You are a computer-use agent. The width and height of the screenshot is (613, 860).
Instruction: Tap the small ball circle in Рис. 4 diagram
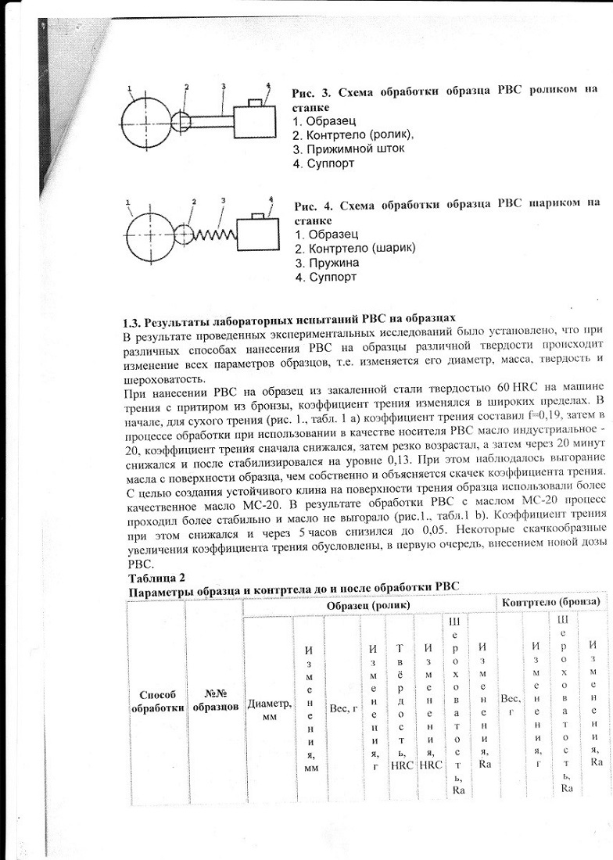pos(183,234)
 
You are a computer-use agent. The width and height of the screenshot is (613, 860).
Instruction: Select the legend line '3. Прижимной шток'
pos(348,149)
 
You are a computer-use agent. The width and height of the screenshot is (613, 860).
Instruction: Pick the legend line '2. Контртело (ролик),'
pos(353,134)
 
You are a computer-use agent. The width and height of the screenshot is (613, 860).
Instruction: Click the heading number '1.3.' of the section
pos(134,321)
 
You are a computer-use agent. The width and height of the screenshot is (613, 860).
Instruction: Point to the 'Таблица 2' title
pos(155,578)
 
